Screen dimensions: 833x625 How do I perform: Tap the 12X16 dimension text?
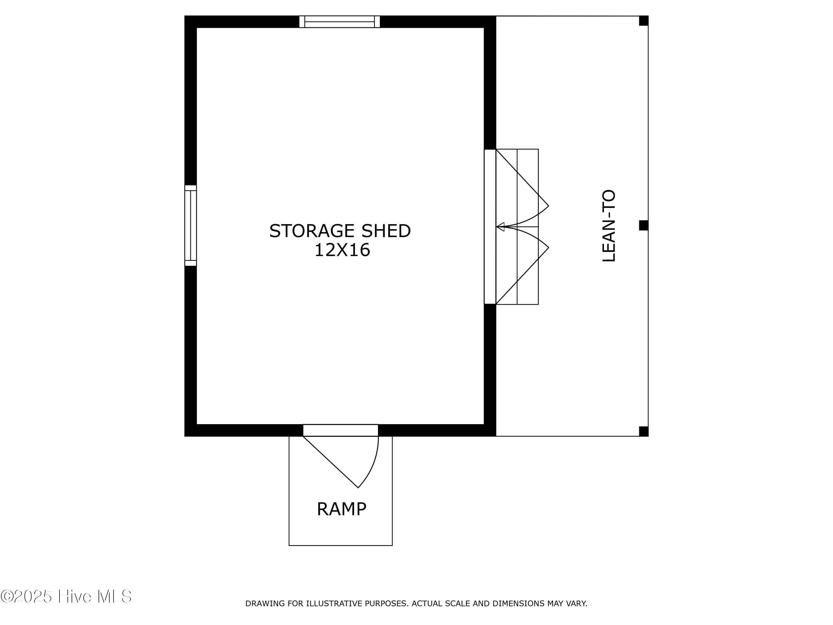[342, 250]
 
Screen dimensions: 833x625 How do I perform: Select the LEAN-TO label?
[609, 226]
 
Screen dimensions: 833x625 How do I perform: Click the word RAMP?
[341, 509]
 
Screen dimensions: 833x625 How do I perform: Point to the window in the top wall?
[339, 22]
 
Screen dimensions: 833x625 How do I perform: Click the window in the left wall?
[190, 226]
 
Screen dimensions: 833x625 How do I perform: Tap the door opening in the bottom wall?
[340, 430]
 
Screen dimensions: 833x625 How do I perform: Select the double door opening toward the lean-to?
[490, 227]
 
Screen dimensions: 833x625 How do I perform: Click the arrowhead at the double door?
[500, 227]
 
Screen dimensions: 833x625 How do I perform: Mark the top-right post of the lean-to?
[644, 21]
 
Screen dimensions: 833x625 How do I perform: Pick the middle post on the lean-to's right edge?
[644, 225]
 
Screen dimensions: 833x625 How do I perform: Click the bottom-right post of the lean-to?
[644, 431]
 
